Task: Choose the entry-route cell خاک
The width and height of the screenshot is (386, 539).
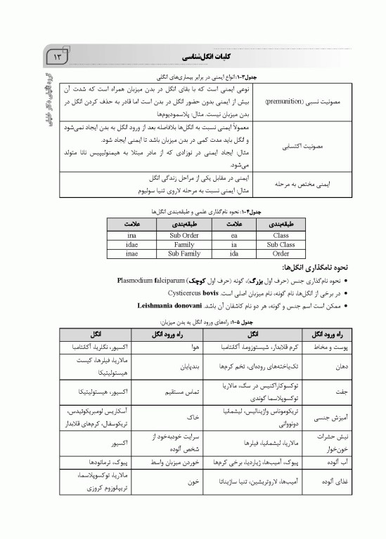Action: click(195, 416)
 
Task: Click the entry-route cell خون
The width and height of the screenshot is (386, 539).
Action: click(195, 482)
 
